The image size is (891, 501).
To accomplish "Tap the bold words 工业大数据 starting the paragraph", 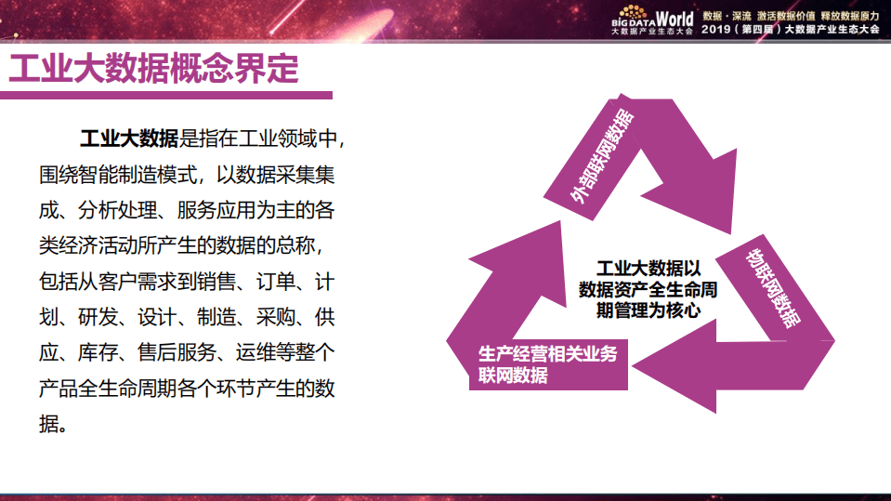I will tap(129, 140).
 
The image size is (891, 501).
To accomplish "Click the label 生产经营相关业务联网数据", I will tap(547, 363).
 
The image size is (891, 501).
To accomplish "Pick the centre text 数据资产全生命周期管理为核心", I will tap(648, 290).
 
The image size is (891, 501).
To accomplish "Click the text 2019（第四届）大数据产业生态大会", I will tap(791, 30).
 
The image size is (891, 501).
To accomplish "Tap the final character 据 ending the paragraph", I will tap(48, 423).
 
